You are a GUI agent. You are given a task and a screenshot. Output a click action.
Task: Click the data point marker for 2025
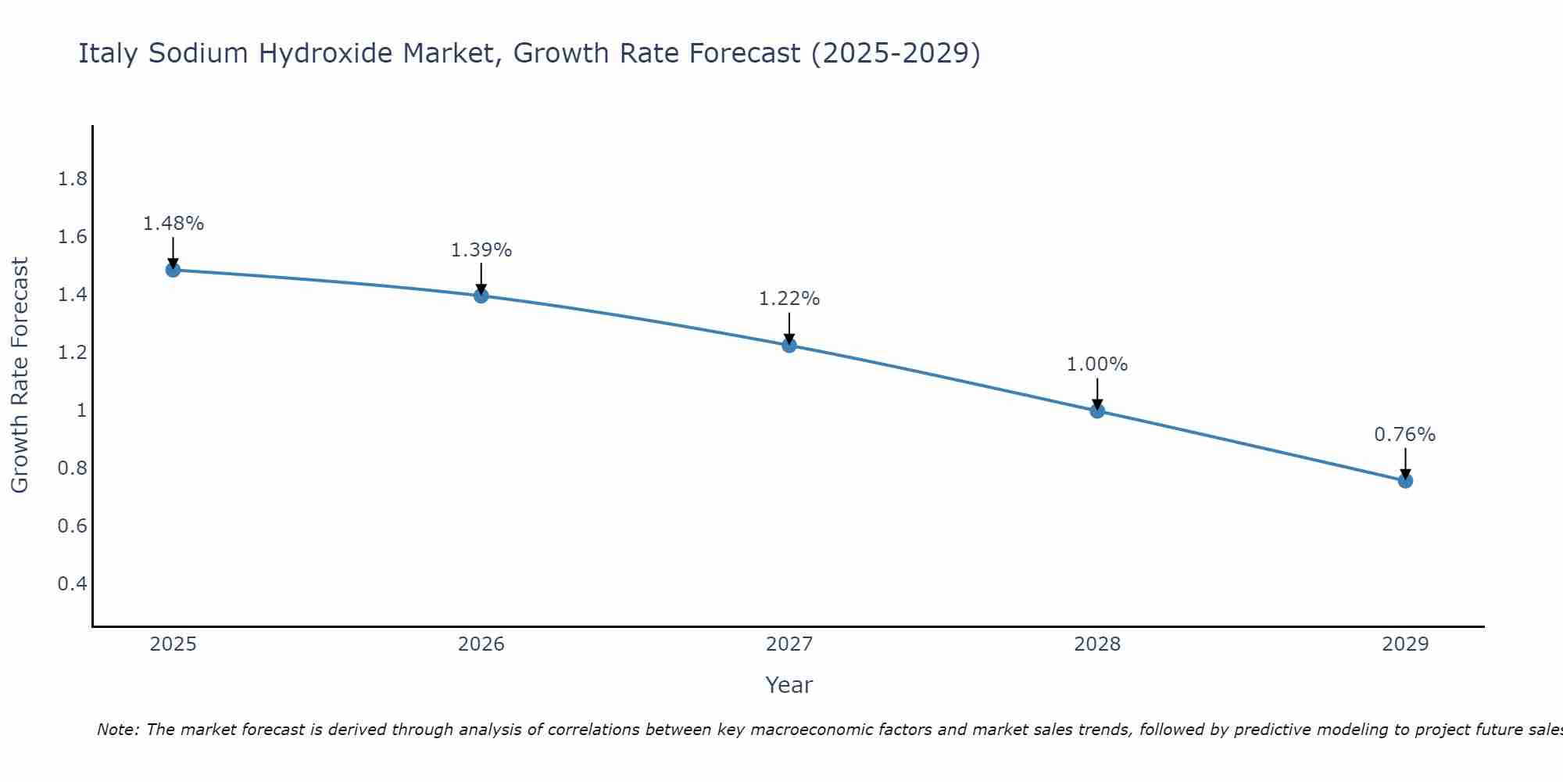[173, 270]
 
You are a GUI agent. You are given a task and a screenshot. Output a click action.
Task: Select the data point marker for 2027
[789, 345]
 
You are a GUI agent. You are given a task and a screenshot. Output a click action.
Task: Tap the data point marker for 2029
[1405, 481]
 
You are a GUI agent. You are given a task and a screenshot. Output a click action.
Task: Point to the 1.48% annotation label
[173, 224]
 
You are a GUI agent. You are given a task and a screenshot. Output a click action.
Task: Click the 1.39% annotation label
[481, 250]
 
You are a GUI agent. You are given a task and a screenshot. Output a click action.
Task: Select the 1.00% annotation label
[1097, 364]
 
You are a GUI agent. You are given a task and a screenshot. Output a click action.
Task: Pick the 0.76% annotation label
[1404, 435]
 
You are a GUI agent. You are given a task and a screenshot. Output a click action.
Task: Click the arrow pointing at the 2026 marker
[481, 278]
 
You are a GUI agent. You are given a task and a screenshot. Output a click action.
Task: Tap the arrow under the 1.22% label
[789, 328]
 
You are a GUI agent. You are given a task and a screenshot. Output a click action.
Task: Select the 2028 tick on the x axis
[1097, 644]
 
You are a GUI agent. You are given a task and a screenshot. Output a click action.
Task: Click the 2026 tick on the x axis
[481, 644]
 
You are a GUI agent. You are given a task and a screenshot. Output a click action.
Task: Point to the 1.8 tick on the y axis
[72, 180]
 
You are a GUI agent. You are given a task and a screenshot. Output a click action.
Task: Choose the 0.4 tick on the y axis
[72, 584]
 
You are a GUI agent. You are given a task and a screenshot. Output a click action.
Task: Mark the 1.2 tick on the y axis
[72, 353]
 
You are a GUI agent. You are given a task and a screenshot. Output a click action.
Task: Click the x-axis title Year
[789, 685]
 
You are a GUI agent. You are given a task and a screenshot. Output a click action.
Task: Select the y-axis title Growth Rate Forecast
[20, 375]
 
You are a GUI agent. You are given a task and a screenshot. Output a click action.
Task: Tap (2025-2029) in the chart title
[895, 53]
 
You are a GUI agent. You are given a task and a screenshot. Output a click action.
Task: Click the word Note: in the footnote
[118, 730]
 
